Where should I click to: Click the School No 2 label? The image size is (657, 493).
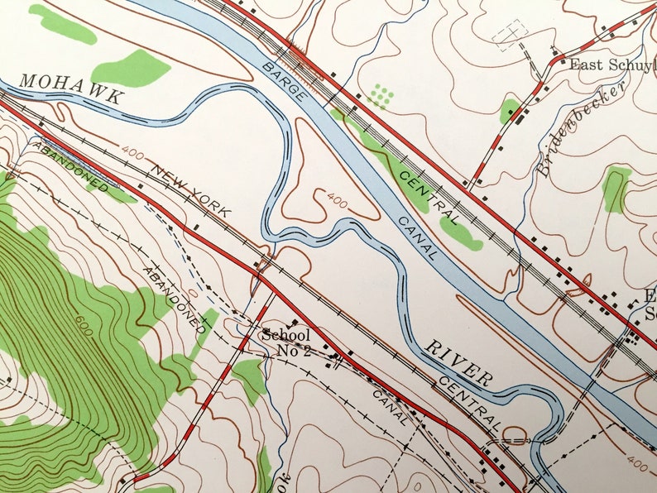pyautogui.click(x=285, y=342)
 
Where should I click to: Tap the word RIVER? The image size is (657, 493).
pyautogui.click(x=458, y=361)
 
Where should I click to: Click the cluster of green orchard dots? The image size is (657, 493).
pyautogui.click(x=380, y=95)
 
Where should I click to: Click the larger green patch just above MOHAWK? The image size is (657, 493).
pyautogui.click(x=130, y=69)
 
